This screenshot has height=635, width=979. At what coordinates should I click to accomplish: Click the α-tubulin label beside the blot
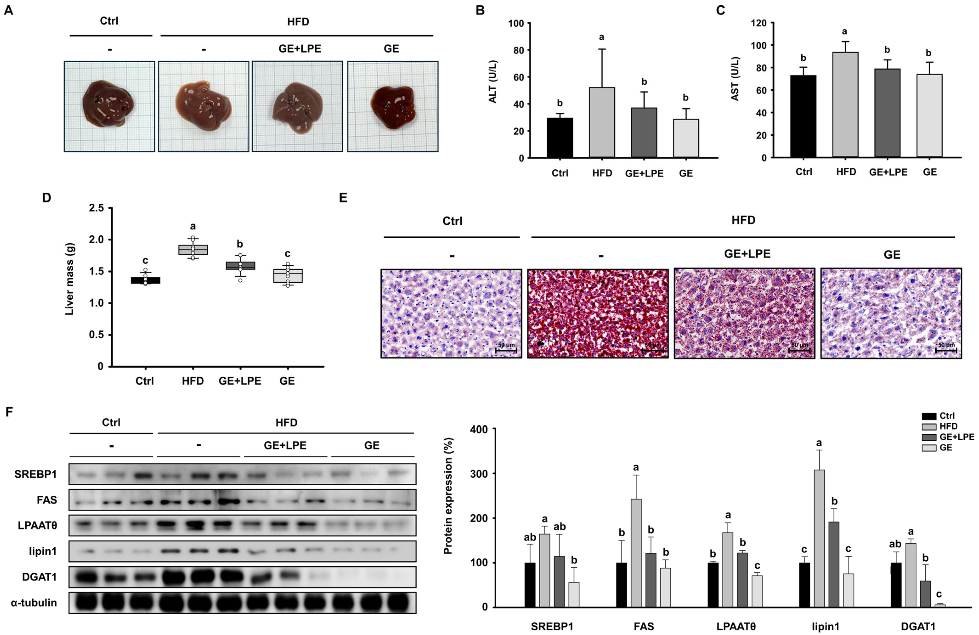click(34, 603)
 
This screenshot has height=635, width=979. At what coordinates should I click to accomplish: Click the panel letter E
click(343, 198)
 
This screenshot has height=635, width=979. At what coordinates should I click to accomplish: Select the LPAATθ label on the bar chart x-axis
click(736, 626)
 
